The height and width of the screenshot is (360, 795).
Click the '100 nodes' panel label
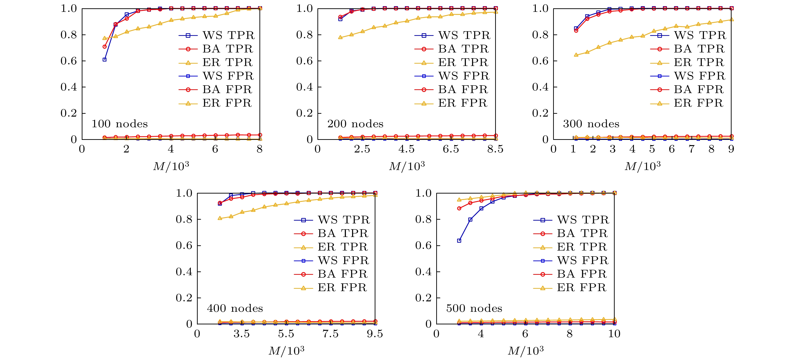click(x=120, y=124)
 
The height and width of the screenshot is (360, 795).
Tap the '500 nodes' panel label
click(x=474, y=308)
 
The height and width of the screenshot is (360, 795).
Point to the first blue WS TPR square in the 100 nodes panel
click(x=105, y=60)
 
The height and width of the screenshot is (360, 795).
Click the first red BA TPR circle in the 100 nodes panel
click(x=105, y=47)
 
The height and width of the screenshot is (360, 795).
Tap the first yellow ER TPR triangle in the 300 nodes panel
click(x=576, y=55)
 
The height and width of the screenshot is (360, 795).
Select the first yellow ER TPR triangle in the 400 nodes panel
click(x=220, y=218)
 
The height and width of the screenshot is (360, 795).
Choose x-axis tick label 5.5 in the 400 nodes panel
click(x=286, y=334)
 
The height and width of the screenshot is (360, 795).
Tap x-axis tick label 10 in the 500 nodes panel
click(x=614, y=334)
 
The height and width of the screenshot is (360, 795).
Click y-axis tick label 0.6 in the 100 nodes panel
click(x=68, y=61)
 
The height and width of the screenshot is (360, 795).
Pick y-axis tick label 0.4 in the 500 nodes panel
click(x=423, y=272)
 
